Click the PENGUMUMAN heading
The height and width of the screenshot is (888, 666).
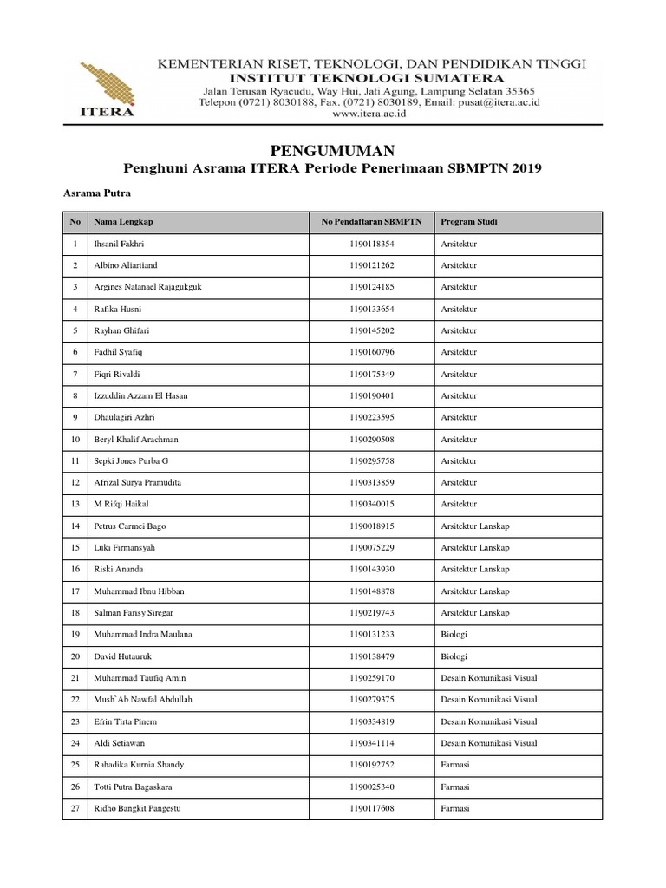pos(334,150)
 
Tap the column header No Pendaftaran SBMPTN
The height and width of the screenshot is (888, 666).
pos(371,222)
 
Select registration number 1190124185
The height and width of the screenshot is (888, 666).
pos(371,287)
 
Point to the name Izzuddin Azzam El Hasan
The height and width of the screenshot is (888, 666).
pos(140,395)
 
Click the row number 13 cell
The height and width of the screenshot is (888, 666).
pos(75,504)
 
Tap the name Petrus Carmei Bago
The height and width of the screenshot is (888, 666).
pos(129,526)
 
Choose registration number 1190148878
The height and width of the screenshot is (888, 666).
pos(371,591)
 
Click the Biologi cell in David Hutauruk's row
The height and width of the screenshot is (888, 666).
pos(454,656)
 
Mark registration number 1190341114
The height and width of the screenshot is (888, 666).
pos(371,743)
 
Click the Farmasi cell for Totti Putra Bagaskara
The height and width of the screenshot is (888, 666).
pos(455,787)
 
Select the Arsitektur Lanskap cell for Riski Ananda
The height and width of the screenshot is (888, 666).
pos(475,569)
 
